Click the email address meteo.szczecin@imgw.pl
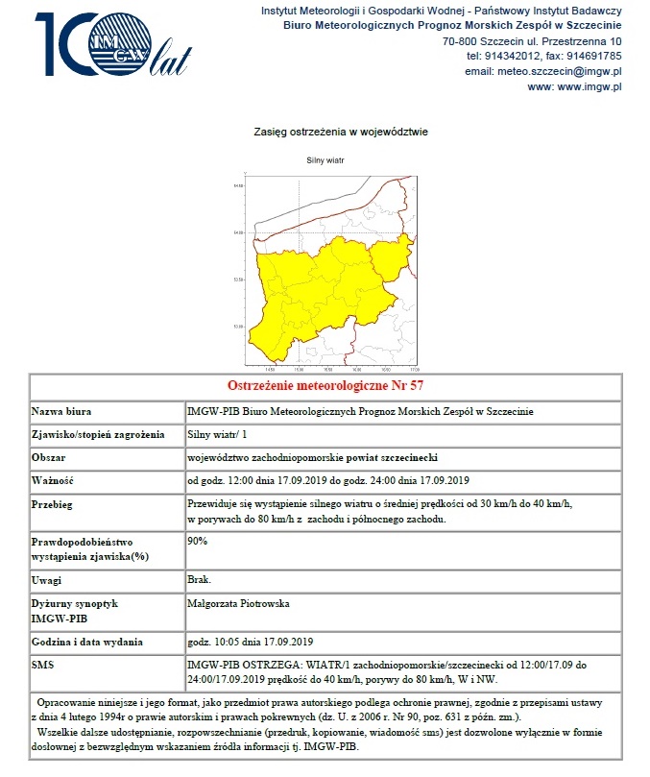pyautogui.click(x=561, y=71)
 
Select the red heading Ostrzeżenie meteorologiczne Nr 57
pyautogui.click(x=326, y=387)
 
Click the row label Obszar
pyautogui.click(x=50, y=457)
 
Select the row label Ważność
pyautogui.click(x=54, y=480)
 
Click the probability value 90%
pyautogui.click(x=198, y=542)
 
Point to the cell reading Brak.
pyautogui.click(x=200, y=580)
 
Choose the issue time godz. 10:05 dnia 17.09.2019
pyautogui.click(x=251, y=642)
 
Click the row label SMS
pyautogui.click(x=44, y=665)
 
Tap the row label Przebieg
pyautogui.click(x=55, y=504)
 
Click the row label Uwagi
pyautogui.click(x=49, y=580)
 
